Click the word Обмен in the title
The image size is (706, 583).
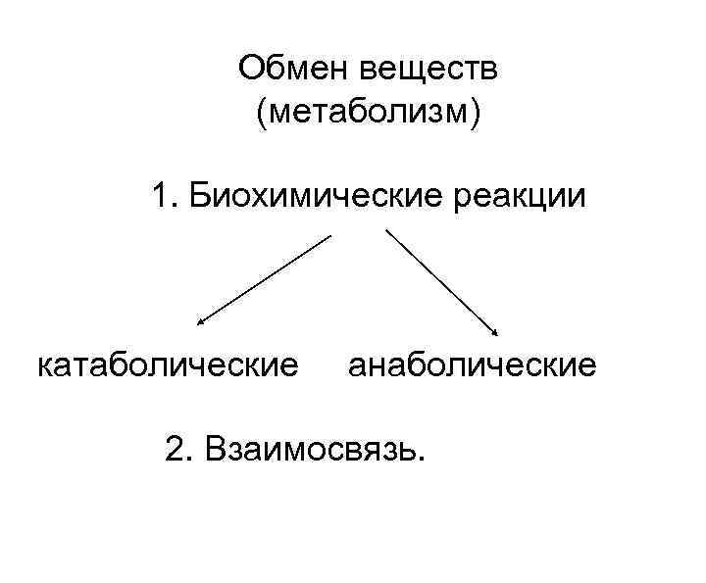point(295,70)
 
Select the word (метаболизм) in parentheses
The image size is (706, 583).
point(369,114)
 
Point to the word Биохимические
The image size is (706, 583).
point(314,197)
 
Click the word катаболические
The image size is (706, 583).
point(168,365)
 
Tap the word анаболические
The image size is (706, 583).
point(472,365)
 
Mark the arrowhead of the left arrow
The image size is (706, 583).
point(199,319)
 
